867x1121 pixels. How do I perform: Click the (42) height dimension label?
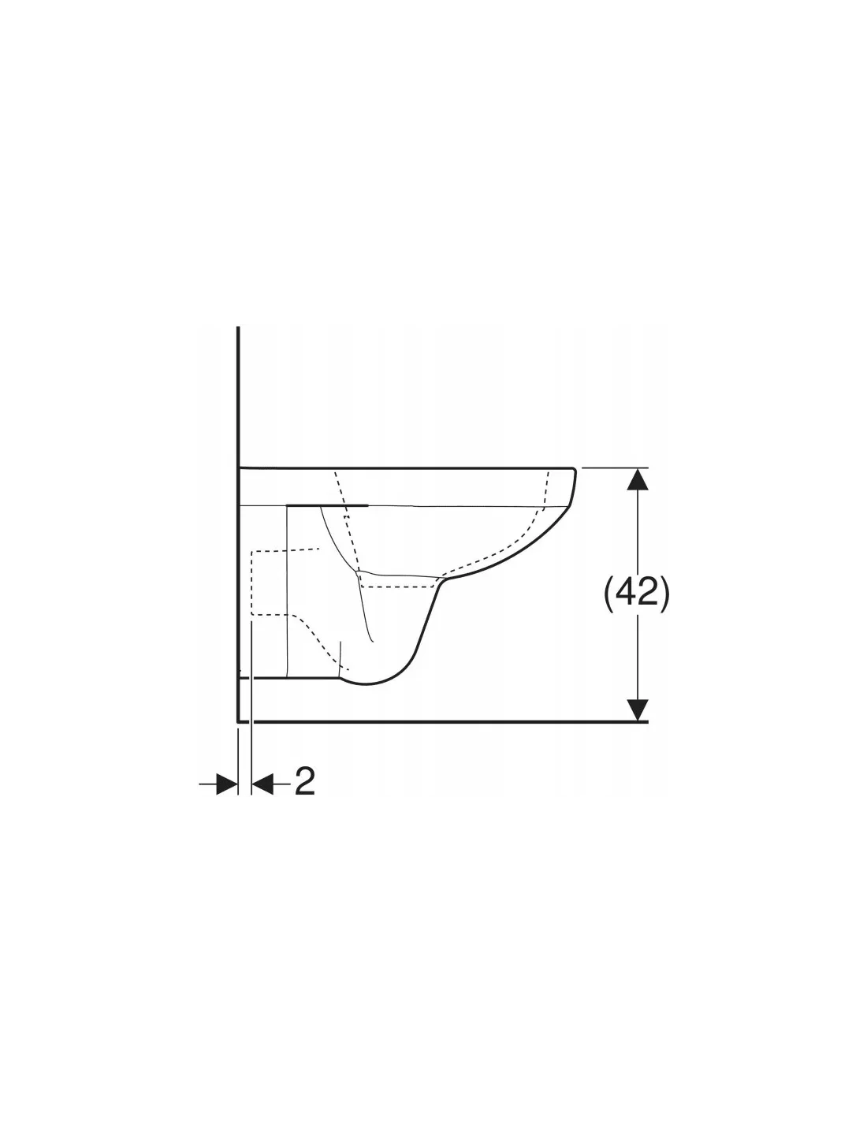[x=636, y=594]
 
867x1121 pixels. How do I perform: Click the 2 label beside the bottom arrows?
[x=304, y=781]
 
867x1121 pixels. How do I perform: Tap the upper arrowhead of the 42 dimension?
[x=638, y=479]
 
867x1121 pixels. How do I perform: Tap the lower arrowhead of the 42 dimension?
[x=638, y=709]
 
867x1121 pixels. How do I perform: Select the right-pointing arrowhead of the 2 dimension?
[x=227, y=784]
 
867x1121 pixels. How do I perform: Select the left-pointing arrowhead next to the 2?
[x=262, y=784]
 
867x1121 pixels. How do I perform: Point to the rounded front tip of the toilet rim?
[x=574, y=471]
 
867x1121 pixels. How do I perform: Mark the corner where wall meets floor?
[x=238, y=721]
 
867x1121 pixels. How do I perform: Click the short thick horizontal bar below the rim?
[x=327, y=505]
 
